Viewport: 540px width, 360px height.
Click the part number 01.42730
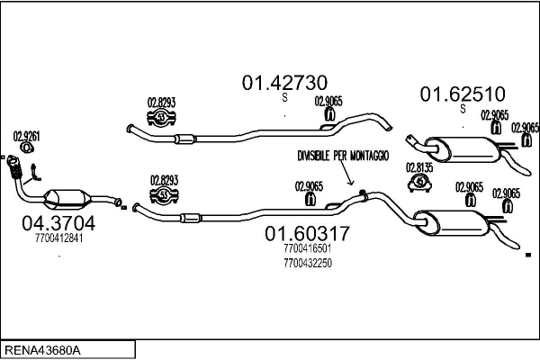coord(282,83)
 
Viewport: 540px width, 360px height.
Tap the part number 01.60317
coord(306,234)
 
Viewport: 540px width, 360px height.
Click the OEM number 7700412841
coord(58,238)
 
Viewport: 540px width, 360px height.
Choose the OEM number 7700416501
coord(307,249)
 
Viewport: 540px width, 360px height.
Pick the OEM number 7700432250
coord(307,263)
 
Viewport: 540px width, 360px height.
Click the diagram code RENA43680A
coord(43,349)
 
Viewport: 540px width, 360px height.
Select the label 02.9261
coord(26,136)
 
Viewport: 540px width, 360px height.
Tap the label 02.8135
coord(419,166)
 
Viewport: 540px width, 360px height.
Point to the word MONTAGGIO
coord(370,157)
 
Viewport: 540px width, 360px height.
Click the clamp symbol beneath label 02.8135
coord(419,183)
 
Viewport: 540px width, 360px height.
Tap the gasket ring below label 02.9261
coord(28,149)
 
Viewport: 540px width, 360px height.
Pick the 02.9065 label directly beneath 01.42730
coord(328,102)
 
